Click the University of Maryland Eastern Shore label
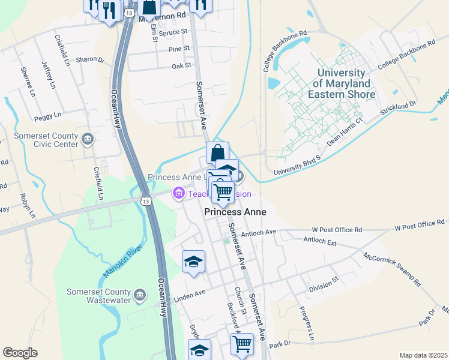pyautogui.click(x=342, y=83)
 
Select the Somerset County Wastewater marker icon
pyautogui.click(x=140, y=295)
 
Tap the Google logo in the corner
pyautogui.click(x=20, y=353)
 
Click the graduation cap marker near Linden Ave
pyautogui.click(x=193, y=262)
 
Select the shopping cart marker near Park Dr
pyautogui.click(x=241, y=344)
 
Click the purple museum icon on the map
pyautogui.click(x=178, y=194)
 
